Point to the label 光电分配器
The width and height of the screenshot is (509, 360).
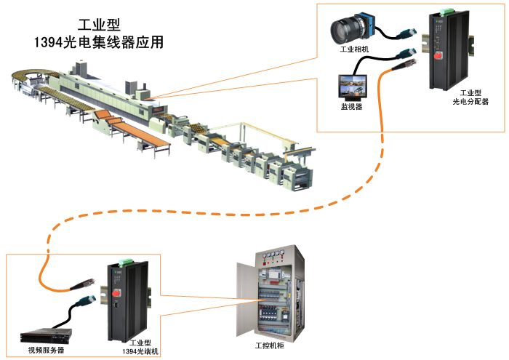[470, 103]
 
